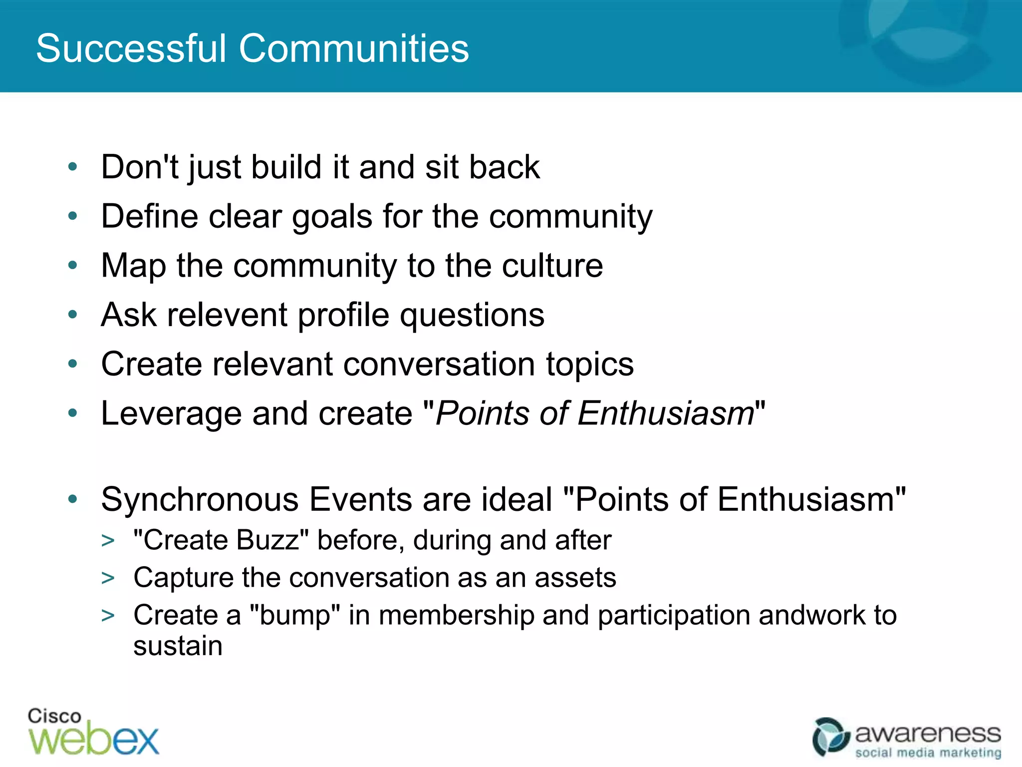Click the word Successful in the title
tap(131, 48)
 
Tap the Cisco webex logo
tap(93, 733)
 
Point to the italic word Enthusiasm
tap(666, 414)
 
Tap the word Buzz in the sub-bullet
tap(267, 540)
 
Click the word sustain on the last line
tap(178, 646)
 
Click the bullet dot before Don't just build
tap(73, 167)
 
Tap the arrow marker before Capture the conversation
tap(108, 578)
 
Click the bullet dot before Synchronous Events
tap(73, 499)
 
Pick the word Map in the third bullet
tap(133, 266)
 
